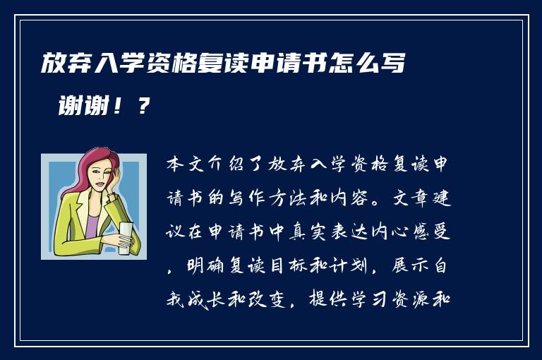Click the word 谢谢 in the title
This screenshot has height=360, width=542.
[84, 105]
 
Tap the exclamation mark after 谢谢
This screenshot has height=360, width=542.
[119, 105]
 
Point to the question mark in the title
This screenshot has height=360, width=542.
[143, 105]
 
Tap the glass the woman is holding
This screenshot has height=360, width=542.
[126, 238]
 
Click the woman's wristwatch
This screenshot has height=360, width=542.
[112, 196]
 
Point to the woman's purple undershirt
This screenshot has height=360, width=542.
[92, 225]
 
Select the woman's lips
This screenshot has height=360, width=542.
[100, 184]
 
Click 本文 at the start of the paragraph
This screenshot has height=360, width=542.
[186, 164]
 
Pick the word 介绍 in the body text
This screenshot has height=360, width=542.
[227, 164]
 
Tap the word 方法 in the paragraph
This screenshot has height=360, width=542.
[288, 198]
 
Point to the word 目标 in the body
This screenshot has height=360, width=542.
[288, 266]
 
